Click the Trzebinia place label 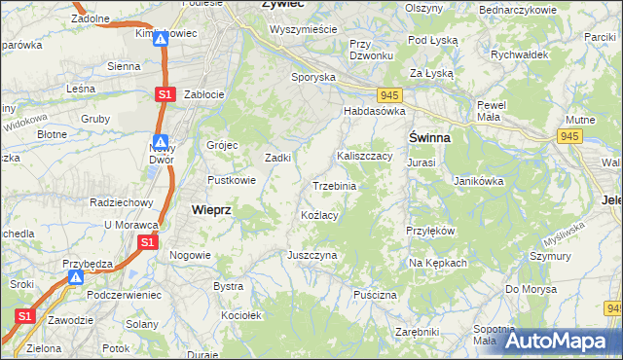click(334, 186)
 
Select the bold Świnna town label click(429, 138)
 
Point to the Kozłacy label click(319, 215)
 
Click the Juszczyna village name click(311, 255)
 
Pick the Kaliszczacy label click(364, 156)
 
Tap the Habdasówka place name click(373, 112)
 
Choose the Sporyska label click(313, 76)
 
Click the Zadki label click(279, 158)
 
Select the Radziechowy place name click(122, 202)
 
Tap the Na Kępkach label click(438, 263)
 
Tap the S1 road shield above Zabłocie click(164, 93)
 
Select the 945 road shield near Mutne click(569, 136)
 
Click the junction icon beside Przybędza click(76, 278)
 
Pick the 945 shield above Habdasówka click(390, 94)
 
